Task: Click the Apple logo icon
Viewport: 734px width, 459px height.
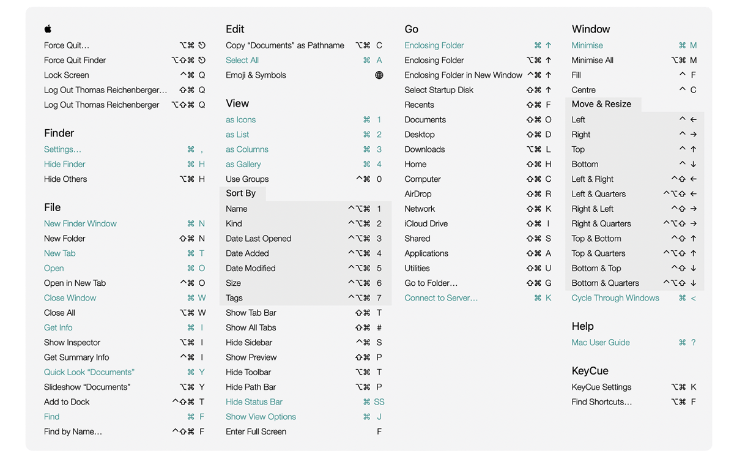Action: (x=48, y=29)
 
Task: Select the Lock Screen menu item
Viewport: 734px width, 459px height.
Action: (x=67, y=75)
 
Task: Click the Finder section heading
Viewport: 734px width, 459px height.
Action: (x=59, y=133)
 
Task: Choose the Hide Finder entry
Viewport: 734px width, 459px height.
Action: (x=64, y=164)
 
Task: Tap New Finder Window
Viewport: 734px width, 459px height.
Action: (x=80, y=223)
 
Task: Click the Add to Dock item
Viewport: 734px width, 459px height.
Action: (x=67, y=401)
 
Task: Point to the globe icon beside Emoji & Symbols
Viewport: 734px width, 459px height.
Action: (x=379, y=75)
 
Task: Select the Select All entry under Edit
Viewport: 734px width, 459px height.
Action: (x=242, y=60)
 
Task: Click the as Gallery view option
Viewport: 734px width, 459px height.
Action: (x=243, y=164)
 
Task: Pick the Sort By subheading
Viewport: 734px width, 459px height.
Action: (x=241, y=193)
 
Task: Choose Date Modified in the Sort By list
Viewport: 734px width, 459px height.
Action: (x=251, y=268)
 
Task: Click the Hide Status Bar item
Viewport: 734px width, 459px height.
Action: (x=254, y=401)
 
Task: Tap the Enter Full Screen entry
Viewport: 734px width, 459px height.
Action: (x=256, y=431)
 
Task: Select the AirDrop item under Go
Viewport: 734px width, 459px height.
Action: (x=418, y=194)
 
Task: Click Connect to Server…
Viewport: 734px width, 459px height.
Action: (x=441, y=298)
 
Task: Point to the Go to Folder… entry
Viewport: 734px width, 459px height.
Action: (x=431, y=283)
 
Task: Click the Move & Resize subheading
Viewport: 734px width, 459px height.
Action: (x=601, y=104)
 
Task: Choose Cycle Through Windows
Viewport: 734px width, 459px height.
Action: (x=615, y=298)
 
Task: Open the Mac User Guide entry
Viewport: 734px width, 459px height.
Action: (x=601, y=343)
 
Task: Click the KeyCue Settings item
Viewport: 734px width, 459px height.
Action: (x=601, y=387)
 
